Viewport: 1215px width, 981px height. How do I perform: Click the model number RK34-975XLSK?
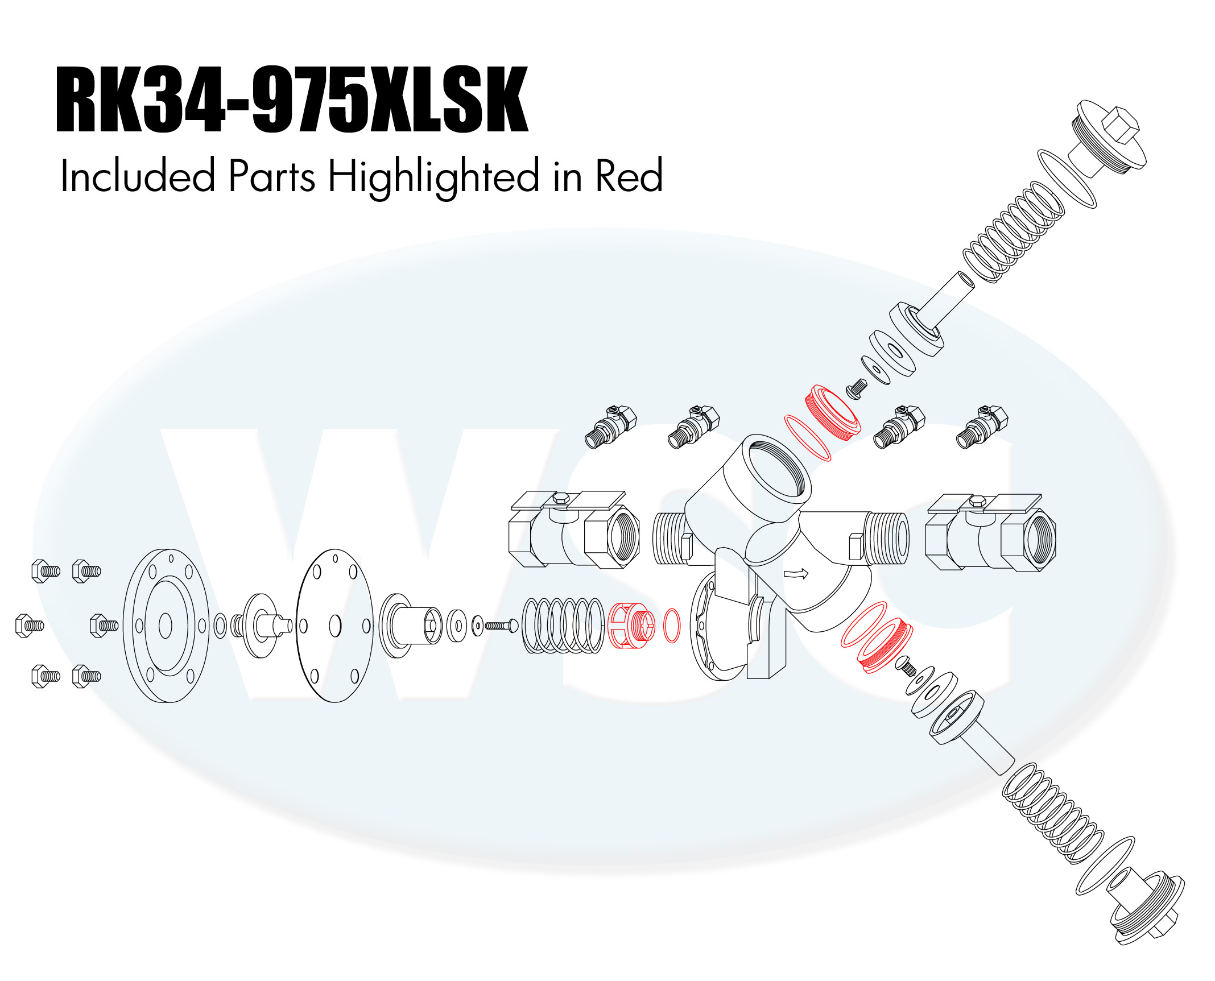[x=292, y=100]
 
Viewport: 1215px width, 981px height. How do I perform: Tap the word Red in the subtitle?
[x=629, y=176]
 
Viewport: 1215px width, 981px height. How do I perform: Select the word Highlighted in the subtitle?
[x=433, y=177]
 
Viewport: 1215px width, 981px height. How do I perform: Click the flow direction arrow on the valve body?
[x=796, y=574]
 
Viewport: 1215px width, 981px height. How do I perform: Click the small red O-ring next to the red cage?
[x=672, y=626]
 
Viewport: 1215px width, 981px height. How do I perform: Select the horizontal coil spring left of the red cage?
[x=563, y=625]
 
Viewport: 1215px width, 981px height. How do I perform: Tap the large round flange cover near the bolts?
[x=166, y=626]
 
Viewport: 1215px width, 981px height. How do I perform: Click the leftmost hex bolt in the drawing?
[x=29, y=626]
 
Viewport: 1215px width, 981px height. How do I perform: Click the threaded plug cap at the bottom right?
[x=1146, y=908]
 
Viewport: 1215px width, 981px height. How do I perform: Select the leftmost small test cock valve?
[x=610, y=427]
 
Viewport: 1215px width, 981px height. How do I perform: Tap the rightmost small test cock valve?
[x=982, y=427]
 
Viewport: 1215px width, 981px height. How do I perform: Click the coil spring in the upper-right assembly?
[x=1013, y=233]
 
